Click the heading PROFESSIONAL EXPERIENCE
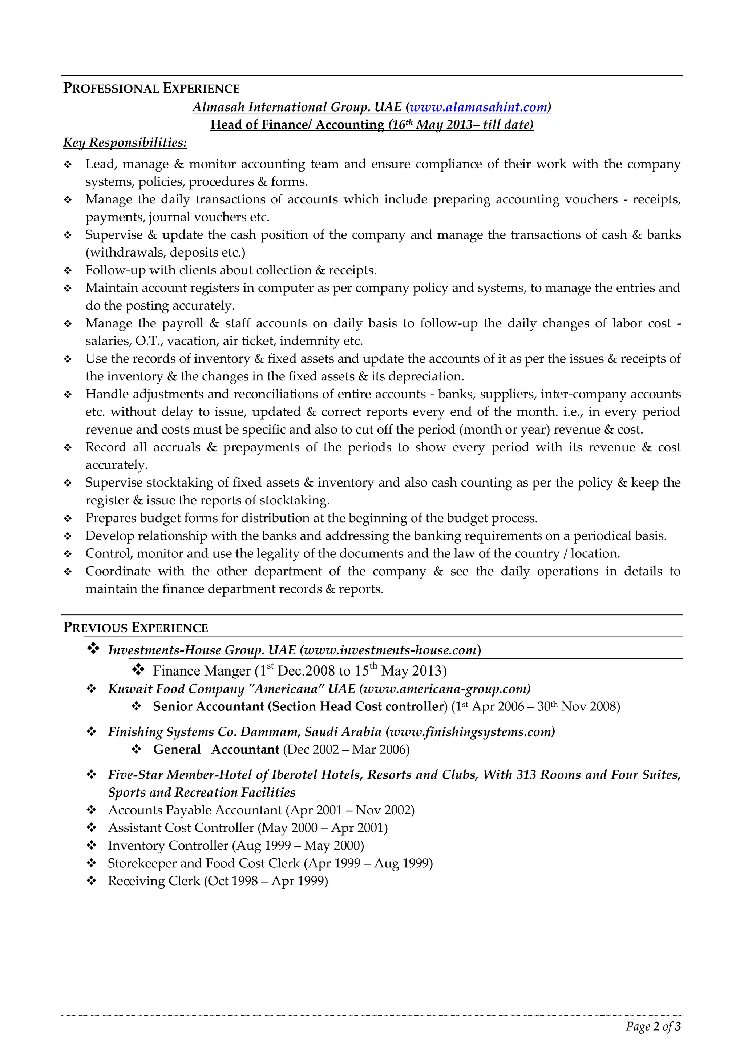[151, 88]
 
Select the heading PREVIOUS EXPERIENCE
[135, 628]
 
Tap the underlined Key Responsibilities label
[125, 142]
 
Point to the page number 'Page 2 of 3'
[653, 1026]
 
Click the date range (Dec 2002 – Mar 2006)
[346, 750]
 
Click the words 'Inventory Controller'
[168, 845]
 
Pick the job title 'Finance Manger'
[202, 671]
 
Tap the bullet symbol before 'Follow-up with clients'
[68, 271]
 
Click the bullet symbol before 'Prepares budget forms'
[68, 519]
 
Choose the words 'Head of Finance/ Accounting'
[297, 125]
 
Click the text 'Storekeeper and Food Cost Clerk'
[203, 863]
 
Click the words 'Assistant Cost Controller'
[181, 828]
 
